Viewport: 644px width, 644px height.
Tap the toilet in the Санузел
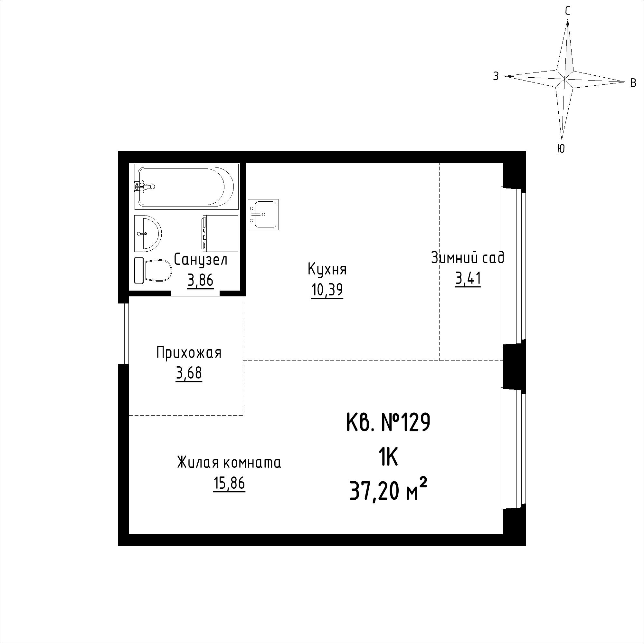point(153,271)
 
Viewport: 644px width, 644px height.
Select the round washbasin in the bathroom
point(148,234)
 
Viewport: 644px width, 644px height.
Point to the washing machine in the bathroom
point(220,234)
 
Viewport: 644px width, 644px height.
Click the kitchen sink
point(263,215)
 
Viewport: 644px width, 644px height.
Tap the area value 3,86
point(200,281)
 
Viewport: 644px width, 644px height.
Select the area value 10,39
point(327,290)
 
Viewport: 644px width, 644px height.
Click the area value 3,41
point(468,279)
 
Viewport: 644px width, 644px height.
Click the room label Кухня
point(327,269)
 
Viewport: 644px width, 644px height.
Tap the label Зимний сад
point(468,257)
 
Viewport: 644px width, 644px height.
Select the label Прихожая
point(189,353)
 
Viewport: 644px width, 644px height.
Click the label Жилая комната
point(229,463)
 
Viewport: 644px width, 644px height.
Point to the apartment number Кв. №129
point(389,423)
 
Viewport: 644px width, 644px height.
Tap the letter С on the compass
point(567,11)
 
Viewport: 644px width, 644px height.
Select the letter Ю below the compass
point(561,149)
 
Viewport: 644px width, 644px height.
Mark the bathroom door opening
point(196,293)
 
